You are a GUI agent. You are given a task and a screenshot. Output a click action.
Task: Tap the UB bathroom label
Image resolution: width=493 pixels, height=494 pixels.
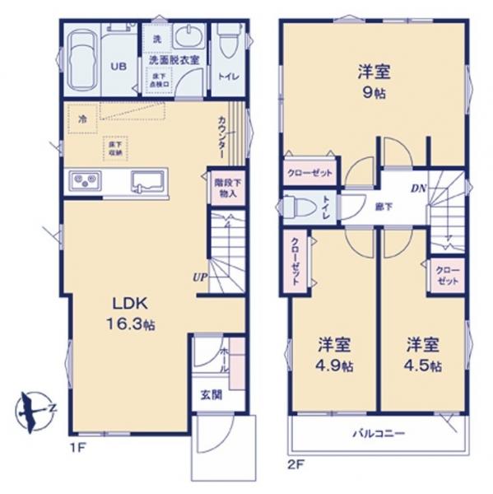pyautogui.click(x=118, y=67)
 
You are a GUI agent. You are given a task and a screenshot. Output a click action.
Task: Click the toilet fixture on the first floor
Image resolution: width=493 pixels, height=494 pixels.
pyautogui.click(x=228, y=41)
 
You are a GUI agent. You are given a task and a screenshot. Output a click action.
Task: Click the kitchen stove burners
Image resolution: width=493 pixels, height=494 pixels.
pyautogui.click(x=85, y=179)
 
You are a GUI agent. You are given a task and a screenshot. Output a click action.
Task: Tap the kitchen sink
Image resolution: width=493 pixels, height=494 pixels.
pyautogui.click(x=149, y=179)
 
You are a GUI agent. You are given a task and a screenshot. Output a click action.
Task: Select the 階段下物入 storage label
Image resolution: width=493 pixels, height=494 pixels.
pyautogui.click(x=226, y=189)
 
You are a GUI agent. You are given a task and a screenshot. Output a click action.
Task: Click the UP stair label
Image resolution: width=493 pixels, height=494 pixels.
pyautogui.click(x=200, y=278)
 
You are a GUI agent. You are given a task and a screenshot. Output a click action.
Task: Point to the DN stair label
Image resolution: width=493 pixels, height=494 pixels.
pyautogui.click(x=419, y=188)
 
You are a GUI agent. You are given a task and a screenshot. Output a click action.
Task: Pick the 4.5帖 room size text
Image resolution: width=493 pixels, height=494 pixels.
pyautogui.click(x=424, y=365)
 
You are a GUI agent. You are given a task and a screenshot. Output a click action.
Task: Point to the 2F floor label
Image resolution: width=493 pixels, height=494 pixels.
pyautogui.click(x=295, y=464)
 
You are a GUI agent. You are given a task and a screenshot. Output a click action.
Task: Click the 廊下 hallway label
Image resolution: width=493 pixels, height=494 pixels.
pyautogui.click(x=384, y=206)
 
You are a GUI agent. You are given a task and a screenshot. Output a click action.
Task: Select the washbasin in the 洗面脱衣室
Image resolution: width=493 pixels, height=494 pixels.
pyautogui.click(x=189, y=40)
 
